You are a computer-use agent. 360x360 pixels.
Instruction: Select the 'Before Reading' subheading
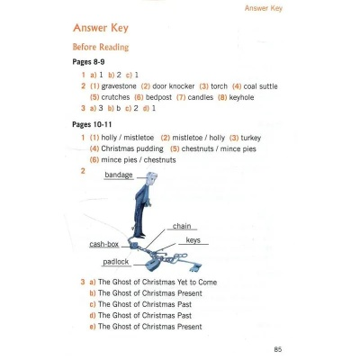pos(100,47)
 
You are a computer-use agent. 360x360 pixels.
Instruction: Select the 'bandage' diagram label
pos(118,175)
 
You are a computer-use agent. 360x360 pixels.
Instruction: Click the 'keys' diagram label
pos(193,241)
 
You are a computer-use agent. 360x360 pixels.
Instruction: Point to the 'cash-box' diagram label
pos(105,245)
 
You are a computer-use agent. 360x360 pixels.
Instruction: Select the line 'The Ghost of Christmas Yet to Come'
pos(157,283)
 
